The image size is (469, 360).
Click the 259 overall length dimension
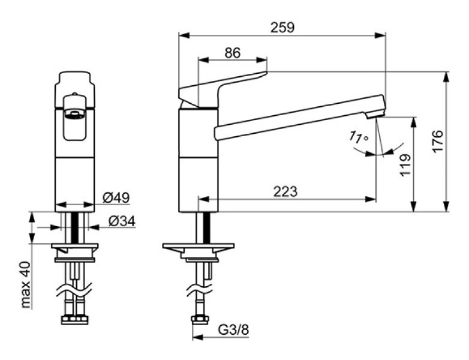click(282, 27)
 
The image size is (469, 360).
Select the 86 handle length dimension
click(233, 53)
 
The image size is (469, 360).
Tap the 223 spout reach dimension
click(285, 191)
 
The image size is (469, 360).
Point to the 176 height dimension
click(437, 141)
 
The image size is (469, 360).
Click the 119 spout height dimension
click(405, 165)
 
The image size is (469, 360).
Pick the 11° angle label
click(358, 137)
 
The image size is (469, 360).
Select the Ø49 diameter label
click(116, 197)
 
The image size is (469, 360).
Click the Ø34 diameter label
click(122, 221)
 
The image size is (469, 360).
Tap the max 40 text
click(26, 284)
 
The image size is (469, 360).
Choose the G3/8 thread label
click(233, 330)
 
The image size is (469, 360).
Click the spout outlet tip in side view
click(375, 115)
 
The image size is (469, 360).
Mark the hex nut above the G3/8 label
click(200, 320)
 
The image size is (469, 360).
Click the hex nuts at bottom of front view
click(75, 320)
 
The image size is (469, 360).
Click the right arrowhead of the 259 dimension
click(380, 35)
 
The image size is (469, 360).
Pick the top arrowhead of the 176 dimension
click(446, 77)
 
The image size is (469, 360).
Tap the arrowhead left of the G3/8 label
click(198, 337)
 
